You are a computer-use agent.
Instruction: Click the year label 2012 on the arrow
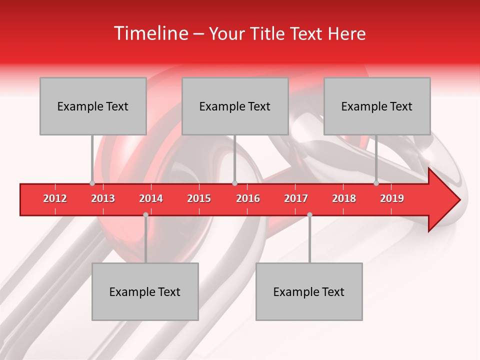pos(55,198)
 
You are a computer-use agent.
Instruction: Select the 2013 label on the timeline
pos(103,198)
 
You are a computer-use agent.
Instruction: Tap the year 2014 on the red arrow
pos(151,198)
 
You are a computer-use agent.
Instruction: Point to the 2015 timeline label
pos(199,198)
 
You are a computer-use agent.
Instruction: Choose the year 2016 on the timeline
pos(248,198)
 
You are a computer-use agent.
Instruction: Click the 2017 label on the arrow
pos(296,198)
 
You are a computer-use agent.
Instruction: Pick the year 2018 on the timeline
pos(344,198)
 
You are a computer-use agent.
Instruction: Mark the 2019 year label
pos(392,198)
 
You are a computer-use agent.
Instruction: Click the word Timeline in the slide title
pos(150,33)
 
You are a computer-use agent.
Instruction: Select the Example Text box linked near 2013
pos(93,106)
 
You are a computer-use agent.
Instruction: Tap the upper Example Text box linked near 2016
pos(235,106)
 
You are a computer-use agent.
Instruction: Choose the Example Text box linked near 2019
pos(377,106)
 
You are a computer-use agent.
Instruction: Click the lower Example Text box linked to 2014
pos(145,291)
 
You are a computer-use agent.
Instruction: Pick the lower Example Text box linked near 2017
pos(309,291)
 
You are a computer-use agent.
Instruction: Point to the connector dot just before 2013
pos(92,183)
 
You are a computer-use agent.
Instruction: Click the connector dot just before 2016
pos(234,183)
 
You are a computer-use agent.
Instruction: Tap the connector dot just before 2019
pos(376,183)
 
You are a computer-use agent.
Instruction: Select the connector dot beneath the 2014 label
pos(145,214)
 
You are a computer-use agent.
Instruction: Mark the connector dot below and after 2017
pos(309,214)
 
